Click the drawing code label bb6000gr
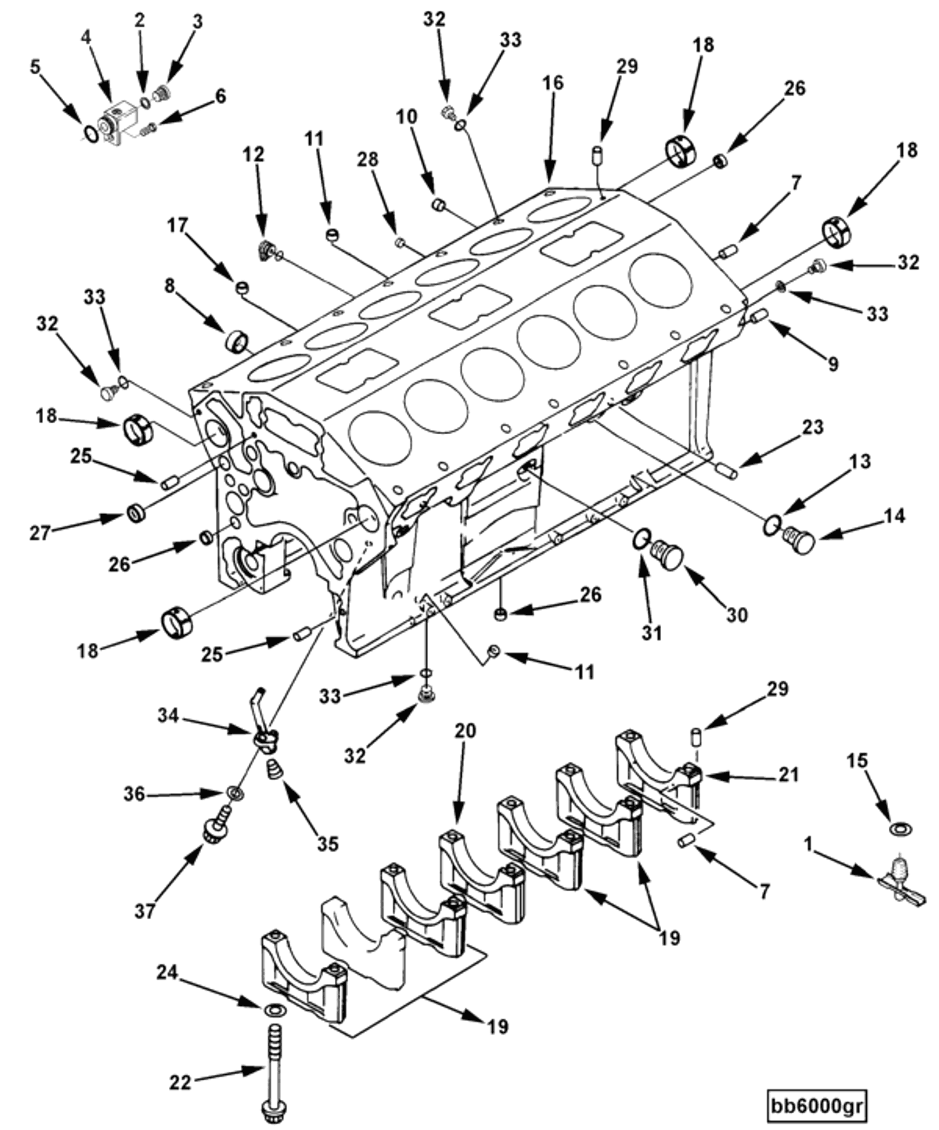click(818, 1090)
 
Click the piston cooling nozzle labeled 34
click(265, 739)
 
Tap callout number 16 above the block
click(553, 83)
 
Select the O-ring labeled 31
click(641, 538)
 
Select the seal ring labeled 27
click(135, 512)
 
